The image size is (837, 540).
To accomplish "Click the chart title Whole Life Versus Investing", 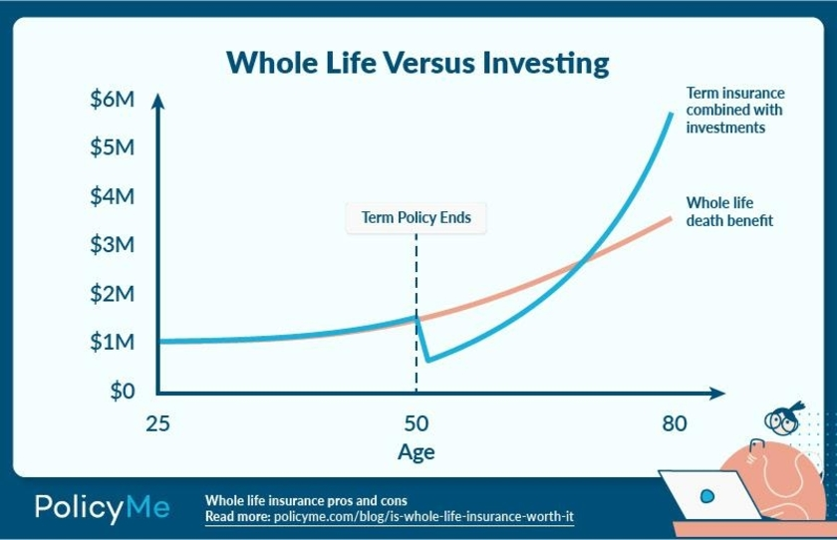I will [418, 63].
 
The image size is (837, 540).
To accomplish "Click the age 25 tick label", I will [157, 423].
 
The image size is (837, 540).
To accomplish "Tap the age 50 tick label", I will [416, 423].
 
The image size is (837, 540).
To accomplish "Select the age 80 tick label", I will [674, 423].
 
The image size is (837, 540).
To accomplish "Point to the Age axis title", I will [416, 452].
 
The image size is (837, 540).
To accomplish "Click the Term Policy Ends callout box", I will [416, 217].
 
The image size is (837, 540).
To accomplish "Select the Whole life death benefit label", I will [729, 211].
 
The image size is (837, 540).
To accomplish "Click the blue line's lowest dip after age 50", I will [426, 360].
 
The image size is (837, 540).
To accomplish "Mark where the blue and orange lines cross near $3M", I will [582, 261].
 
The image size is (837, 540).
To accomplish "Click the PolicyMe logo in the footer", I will [103, 507].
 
